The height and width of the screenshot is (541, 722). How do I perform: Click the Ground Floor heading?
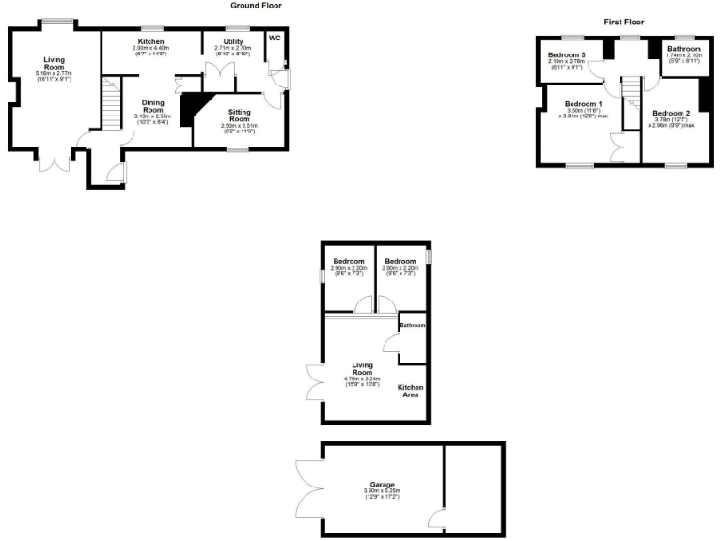255,6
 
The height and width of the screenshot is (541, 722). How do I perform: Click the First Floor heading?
623,22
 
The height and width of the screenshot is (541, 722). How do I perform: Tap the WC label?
275,39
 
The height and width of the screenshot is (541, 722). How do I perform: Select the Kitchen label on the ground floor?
151,42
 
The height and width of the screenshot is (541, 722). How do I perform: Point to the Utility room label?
232,42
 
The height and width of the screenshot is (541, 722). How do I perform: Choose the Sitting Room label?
239,116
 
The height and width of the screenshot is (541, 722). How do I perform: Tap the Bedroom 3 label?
567,55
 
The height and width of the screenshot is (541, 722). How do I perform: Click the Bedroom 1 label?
583,103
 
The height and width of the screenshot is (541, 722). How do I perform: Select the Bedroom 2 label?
671,113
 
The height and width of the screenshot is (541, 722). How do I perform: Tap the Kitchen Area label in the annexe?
410,392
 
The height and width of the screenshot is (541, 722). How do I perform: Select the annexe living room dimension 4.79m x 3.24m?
362,379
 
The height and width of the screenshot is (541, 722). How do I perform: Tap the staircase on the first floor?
633,94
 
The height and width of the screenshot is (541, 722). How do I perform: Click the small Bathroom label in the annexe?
413,325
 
